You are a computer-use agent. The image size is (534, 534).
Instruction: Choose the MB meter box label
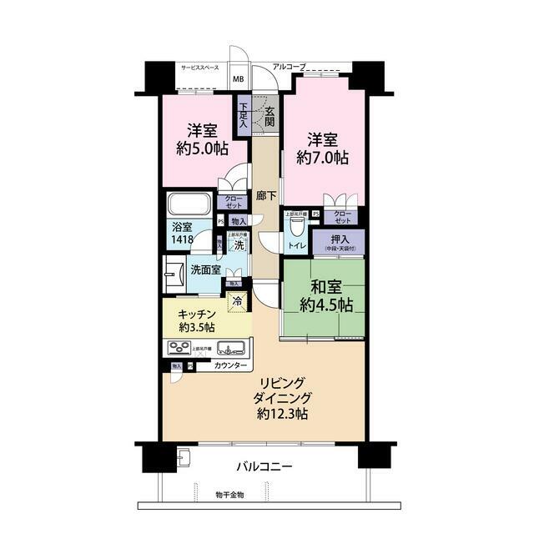click(x=239, y=80)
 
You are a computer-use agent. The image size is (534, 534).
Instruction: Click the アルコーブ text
click(x=290, y=65)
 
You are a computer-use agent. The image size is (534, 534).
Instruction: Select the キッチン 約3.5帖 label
click(x=197, y=319)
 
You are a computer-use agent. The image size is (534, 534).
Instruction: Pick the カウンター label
click(x=230, y=366)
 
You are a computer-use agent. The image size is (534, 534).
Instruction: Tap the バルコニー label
click(x=263, y=467)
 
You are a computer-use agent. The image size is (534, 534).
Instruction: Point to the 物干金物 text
click(x=229, y=498)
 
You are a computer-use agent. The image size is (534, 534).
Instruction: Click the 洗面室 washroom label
click(x=205, y=270)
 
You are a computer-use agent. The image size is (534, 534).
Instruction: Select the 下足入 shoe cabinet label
click(x=244, y=114)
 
